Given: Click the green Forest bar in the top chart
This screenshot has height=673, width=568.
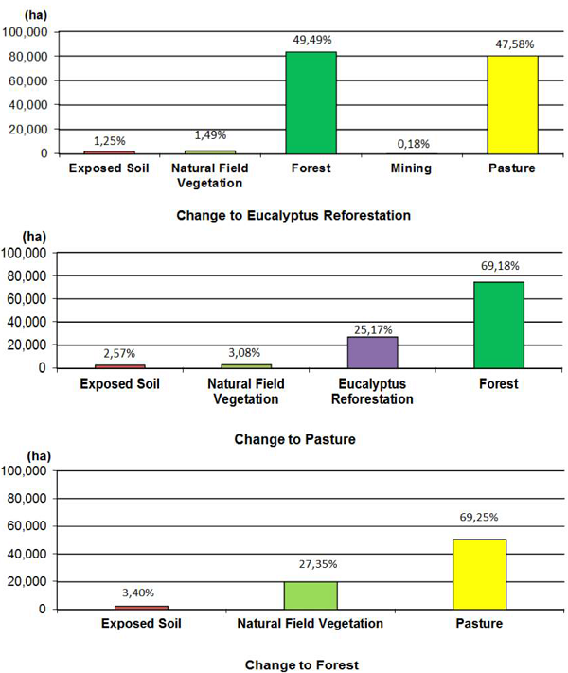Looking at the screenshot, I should click(x=311, y=102).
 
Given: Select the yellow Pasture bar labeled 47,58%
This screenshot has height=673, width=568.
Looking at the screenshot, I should click(x=512, y=104).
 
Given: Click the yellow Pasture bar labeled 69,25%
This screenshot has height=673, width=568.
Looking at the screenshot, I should click(x=478, y=574).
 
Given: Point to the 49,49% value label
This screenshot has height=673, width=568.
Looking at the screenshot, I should click(x=311, y=40).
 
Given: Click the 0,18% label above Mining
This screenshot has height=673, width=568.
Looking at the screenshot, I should click(x=412, y=143).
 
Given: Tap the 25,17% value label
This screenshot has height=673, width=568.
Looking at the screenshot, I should click(x=372, y=328).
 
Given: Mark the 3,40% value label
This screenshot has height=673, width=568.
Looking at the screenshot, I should click(x=140, y=596).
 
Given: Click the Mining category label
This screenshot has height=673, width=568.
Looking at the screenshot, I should click(x=412, y=168).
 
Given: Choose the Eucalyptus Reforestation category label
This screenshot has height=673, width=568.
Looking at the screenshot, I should click(x=372, y=392).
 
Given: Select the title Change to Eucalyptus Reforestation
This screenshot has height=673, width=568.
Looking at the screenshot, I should click(x=293, y=215).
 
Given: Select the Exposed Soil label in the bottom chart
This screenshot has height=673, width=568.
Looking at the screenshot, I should click(x=140, y=623).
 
